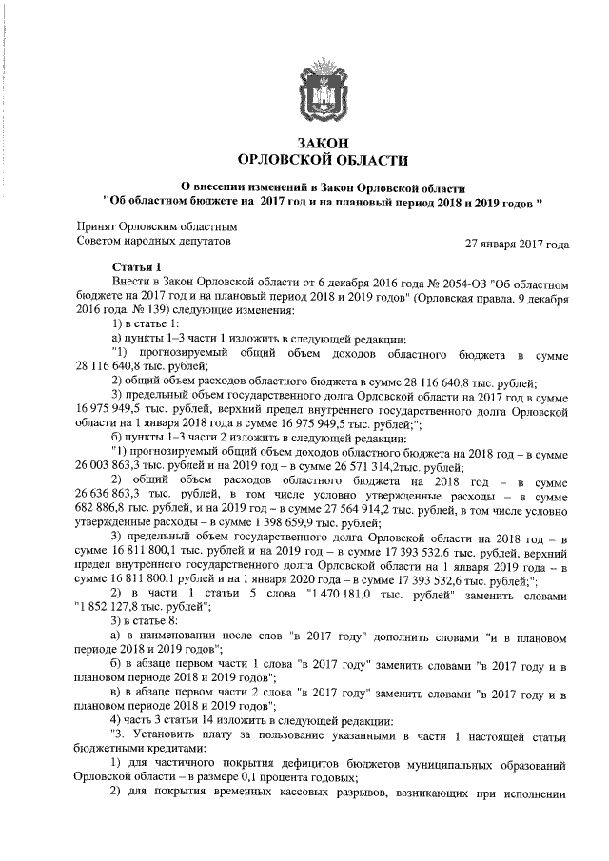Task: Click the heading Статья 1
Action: pyautogui.click(x=138, y=268)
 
